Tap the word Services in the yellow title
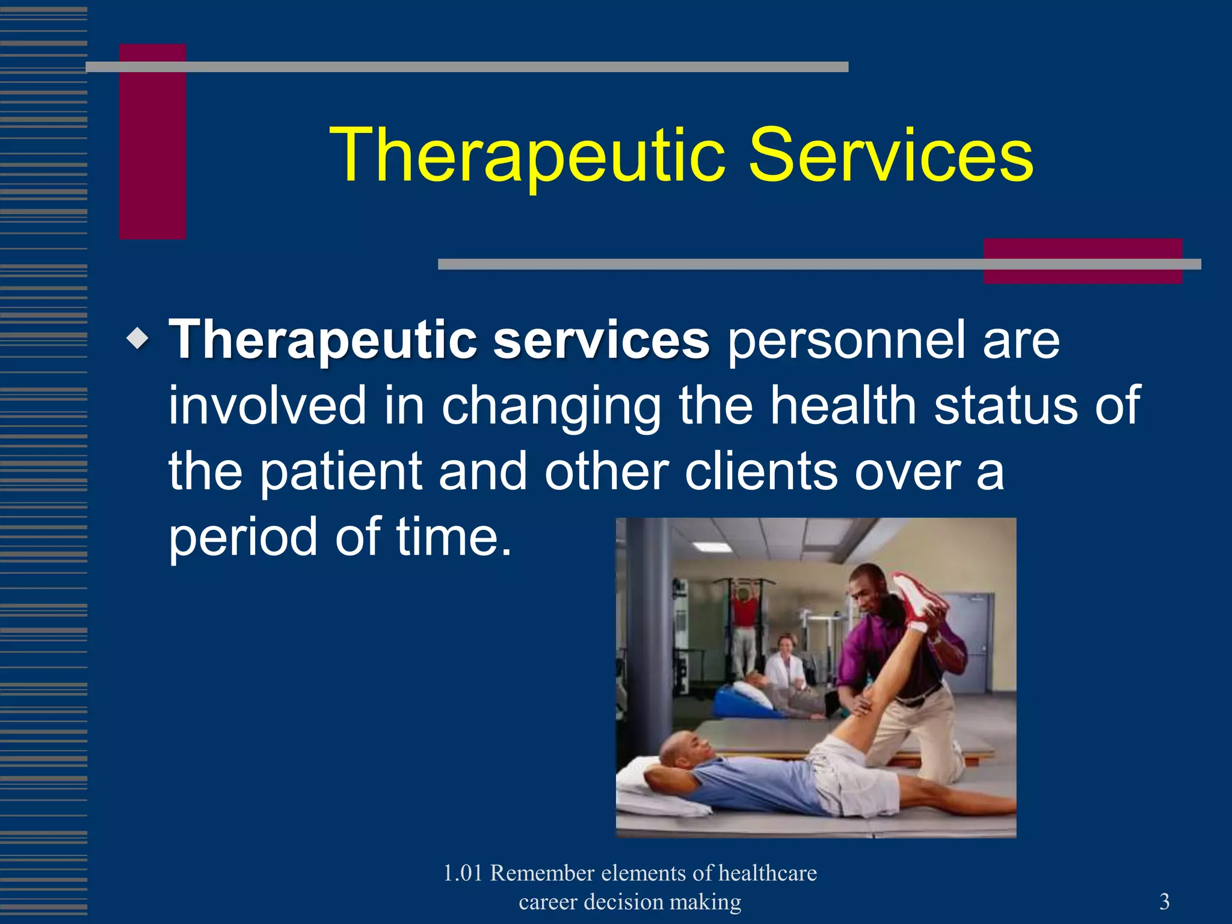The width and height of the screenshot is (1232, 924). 890,155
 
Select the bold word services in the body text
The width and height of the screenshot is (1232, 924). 601,340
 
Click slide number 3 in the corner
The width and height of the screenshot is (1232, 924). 1164,901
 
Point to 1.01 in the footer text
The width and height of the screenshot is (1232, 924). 463,873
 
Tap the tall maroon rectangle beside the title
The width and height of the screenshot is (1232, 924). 152,142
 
